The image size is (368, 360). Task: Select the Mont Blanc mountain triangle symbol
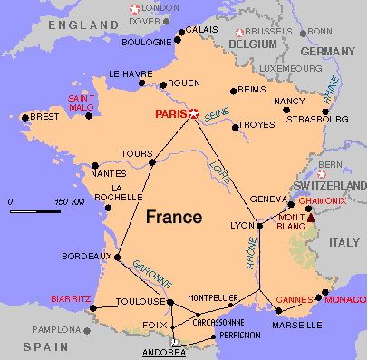point(311,217)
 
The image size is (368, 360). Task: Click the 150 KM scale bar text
point(68,200)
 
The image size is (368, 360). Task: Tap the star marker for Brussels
point(239,31)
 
